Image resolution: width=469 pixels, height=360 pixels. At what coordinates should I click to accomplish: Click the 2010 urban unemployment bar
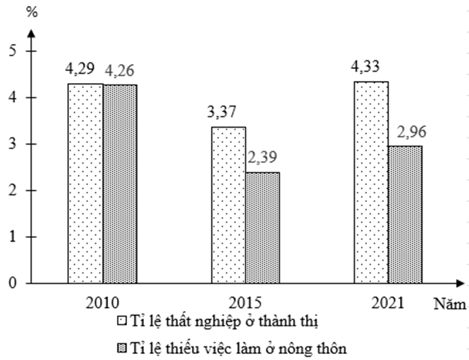point(85,184)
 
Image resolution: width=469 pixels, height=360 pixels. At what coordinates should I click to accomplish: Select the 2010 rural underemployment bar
point(120,184)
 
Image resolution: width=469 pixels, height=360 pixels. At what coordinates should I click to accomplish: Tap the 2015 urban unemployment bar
point(228,205)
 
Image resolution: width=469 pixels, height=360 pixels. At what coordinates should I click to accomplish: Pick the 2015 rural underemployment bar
point(262,228)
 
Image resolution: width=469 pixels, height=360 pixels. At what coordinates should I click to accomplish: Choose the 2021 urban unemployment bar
point(371,182)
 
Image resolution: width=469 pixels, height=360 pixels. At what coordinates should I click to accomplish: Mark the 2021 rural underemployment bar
point(405,214)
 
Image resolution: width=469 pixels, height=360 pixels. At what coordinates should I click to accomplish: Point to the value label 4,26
point(120,70)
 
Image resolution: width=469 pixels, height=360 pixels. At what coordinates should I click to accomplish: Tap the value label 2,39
point(262,157)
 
